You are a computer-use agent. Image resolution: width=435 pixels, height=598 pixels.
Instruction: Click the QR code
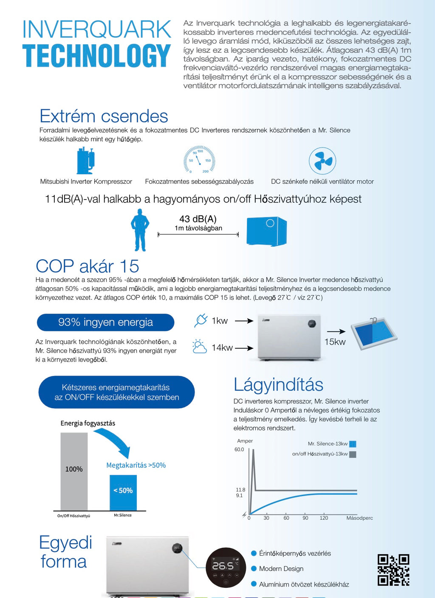393,570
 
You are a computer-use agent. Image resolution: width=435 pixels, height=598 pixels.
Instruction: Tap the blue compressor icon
86,160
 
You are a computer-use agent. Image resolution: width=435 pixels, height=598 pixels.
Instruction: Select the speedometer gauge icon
199,159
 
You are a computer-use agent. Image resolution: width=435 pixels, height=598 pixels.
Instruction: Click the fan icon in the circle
322,161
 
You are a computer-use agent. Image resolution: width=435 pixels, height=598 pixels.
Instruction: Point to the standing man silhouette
140,230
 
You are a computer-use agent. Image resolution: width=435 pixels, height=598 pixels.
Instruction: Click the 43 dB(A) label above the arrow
198,219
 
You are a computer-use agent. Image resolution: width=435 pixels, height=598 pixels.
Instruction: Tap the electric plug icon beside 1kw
201,320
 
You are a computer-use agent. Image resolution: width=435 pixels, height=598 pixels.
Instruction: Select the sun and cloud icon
200,347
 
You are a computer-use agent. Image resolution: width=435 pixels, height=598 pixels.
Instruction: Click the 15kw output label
335,342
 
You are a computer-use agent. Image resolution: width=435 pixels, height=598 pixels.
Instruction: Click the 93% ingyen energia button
106,322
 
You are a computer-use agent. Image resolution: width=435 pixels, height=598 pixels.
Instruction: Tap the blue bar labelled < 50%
123,493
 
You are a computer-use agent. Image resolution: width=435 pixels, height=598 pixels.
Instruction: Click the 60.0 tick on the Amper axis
239,450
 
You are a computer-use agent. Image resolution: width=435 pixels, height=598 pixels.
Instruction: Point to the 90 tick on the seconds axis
305,518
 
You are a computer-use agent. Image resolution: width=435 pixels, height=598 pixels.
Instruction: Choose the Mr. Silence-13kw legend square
353,444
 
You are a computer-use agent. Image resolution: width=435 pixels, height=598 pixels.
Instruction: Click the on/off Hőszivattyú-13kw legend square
353,454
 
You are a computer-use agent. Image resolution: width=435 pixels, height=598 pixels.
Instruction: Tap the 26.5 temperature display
223,566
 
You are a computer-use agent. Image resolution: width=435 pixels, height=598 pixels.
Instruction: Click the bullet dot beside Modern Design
254,569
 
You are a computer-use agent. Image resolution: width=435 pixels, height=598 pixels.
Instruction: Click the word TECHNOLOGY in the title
96,56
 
